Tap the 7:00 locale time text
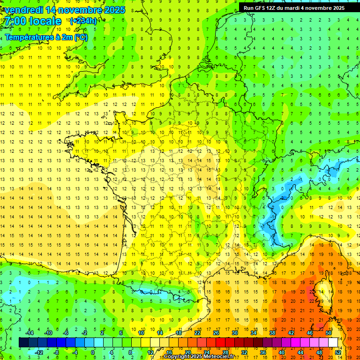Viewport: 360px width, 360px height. [x=33, y=21]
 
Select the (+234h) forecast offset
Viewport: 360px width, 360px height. [x=83, y=21]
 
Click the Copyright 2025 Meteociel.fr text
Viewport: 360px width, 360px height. [x=199, y=357]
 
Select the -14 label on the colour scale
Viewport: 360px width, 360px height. [x=29, y=333]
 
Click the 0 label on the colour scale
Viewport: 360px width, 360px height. [x=93, y=352]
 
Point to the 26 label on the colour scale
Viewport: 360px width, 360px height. [x=216, y=333]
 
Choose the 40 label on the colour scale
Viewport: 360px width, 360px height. [x=282, y=352]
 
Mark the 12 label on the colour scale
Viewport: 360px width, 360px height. [x=150, y=352]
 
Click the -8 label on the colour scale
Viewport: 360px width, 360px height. [x=57, y=352]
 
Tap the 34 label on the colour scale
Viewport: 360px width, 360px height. [x=254, y=333]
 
